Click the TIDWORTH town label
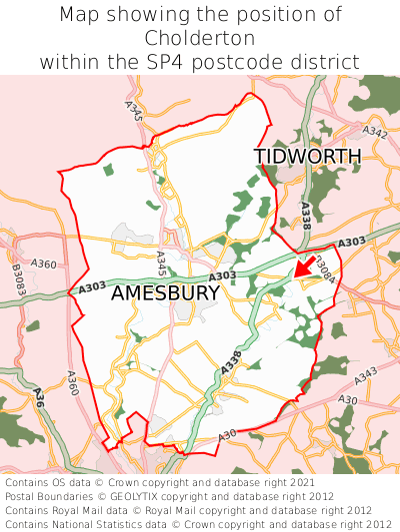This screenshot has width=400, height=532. point(307,157)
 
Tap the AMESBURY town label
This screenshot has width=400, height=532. point(165,293)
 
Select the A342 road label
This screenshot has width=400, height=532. point(375,132)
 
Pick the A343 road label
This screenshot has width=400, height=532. point(365,373)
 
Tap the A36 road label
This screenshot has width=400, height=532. point(39,395)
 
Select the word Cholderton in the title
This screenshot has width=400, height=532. point(200,38)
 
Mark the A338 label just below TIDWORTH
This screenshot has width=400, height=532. point(305,217)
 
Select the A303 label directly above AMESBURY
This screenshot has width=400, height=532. point(222,276)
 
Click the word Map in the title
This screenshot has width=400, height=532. point(79,15)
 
